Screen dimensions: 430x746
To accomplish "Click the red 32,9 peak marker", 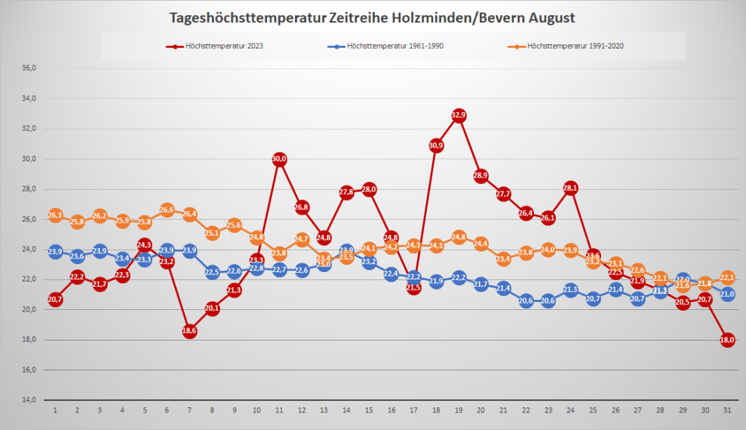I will coord(458,115).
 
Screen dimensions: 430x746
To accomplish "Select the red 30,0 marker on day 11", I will coord(279,159).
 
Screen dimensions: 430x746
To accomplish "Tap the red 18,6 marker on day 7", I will coord(189,331).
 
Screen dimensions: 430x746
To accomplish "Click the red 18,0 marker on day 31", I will coord(727,340).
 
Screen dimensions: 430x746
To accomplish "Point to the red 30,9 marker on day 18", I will coord(436,146).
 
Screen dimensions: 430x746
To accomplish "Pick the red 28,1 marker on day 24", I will coord(570,188).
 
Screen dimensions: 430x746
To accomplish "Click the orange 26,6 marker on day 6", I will coord(167,210).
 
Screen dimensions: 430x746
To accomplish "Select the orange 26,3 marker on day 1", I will coord(55,215).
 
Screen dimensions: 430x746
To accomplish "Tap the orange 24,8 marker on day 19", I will coord(458,237).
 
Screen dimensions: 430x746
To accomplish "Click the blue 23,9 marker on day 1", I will coord(55,252).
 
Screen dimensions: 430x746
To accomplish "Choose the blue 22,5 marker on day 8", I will coord(212,273).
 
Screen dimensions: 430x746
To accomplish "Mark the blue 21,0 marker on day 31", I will coord(727,294).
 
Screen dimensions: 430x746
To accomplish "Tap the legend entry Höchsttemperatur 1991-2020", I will coord(576,46).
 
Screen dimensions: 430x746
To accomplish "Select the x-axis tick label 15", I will coord(369,412).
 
